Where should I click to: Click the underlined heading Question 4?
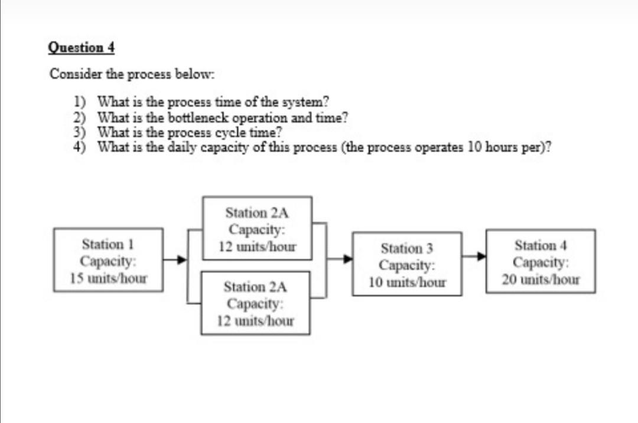81,47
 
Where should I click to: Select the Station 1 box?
108,260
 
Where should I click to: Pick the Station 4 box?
541,261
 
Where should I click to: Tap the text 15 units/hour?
108,277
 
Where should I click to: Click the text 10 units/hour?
407,282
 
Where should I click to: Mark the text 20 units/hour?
541,279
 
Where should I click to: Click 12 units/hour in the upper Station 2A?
256,246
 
